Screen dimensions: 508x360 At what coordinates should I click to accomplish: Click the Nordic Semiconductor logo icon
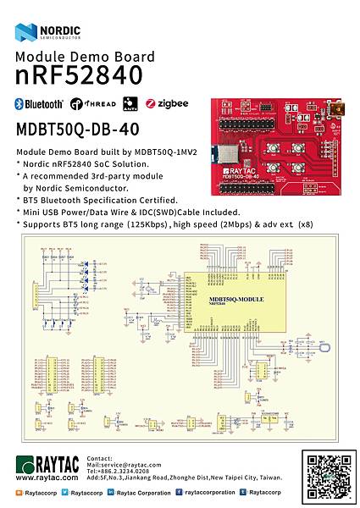click(25, 33)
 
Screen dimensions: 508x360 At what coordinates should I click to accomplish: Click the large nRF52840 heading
click(79, 75)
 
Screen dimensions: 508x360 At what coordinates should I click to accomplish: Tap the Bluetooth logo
click(39, 104)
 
